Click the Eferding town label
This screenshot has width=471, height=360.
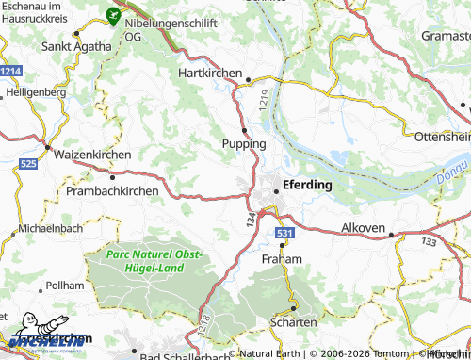tap(308, 185)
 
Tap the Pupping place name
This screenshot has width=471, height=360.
tap(244, 143)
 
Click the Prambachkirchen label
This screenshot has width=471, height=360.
tap(112, 190)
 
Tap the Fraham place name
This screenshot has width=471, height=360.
tap(282, 258)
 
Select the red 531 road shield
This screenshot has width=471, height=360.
tap(285, 232)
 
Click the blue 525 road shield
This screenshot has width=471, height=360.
tap(27, 164)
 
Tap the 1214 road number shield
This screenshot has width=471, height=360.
tap(11, 72)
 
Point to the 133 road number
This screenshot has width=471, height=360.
tap(430, 242)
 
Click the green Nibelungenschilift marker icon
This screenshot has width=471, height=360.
tap(113, 15)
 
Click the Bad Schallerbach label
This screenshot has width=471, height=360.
tap(185, 354)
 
